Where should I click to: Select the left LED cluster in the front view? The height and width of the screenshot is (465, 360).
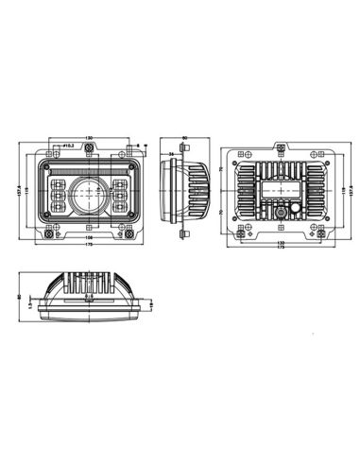[61, 196]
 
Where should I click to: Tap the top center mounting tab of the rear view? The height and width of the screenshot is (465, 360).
[280, 147]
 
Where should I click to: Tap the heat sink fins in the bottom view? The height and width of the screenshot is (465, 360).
[89, 283]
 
